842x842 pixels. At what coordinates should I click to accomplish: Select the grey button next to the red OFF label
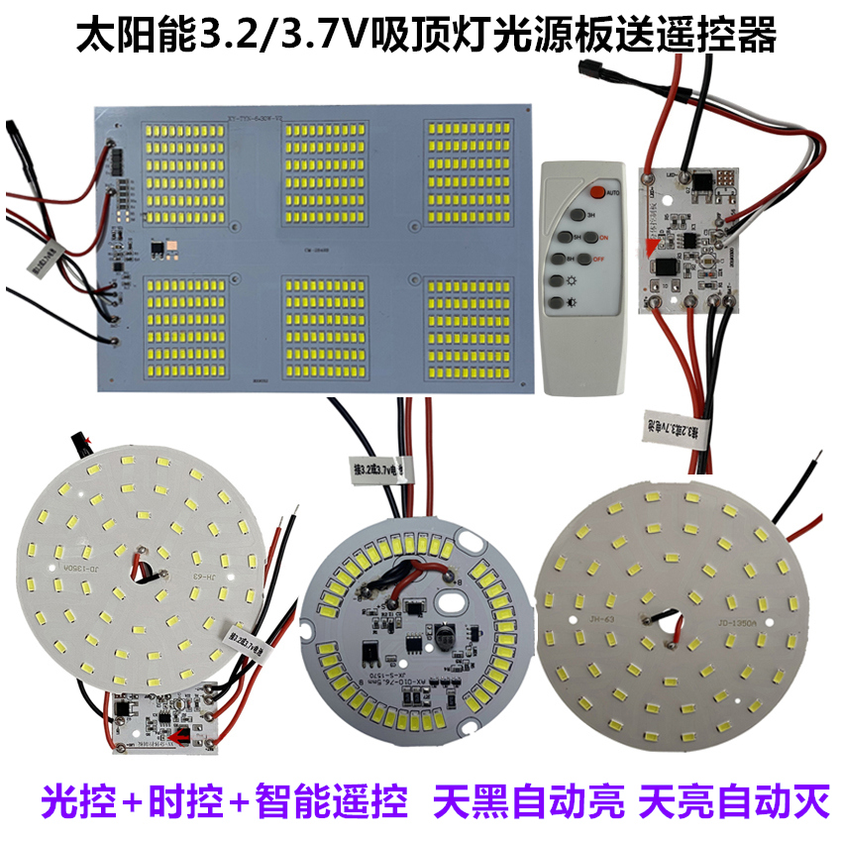pyautogui.click(x=583, y=261)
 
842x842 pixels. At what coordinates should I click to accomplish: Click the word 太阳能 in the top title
pyautogui.click(x=144, y=38)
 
